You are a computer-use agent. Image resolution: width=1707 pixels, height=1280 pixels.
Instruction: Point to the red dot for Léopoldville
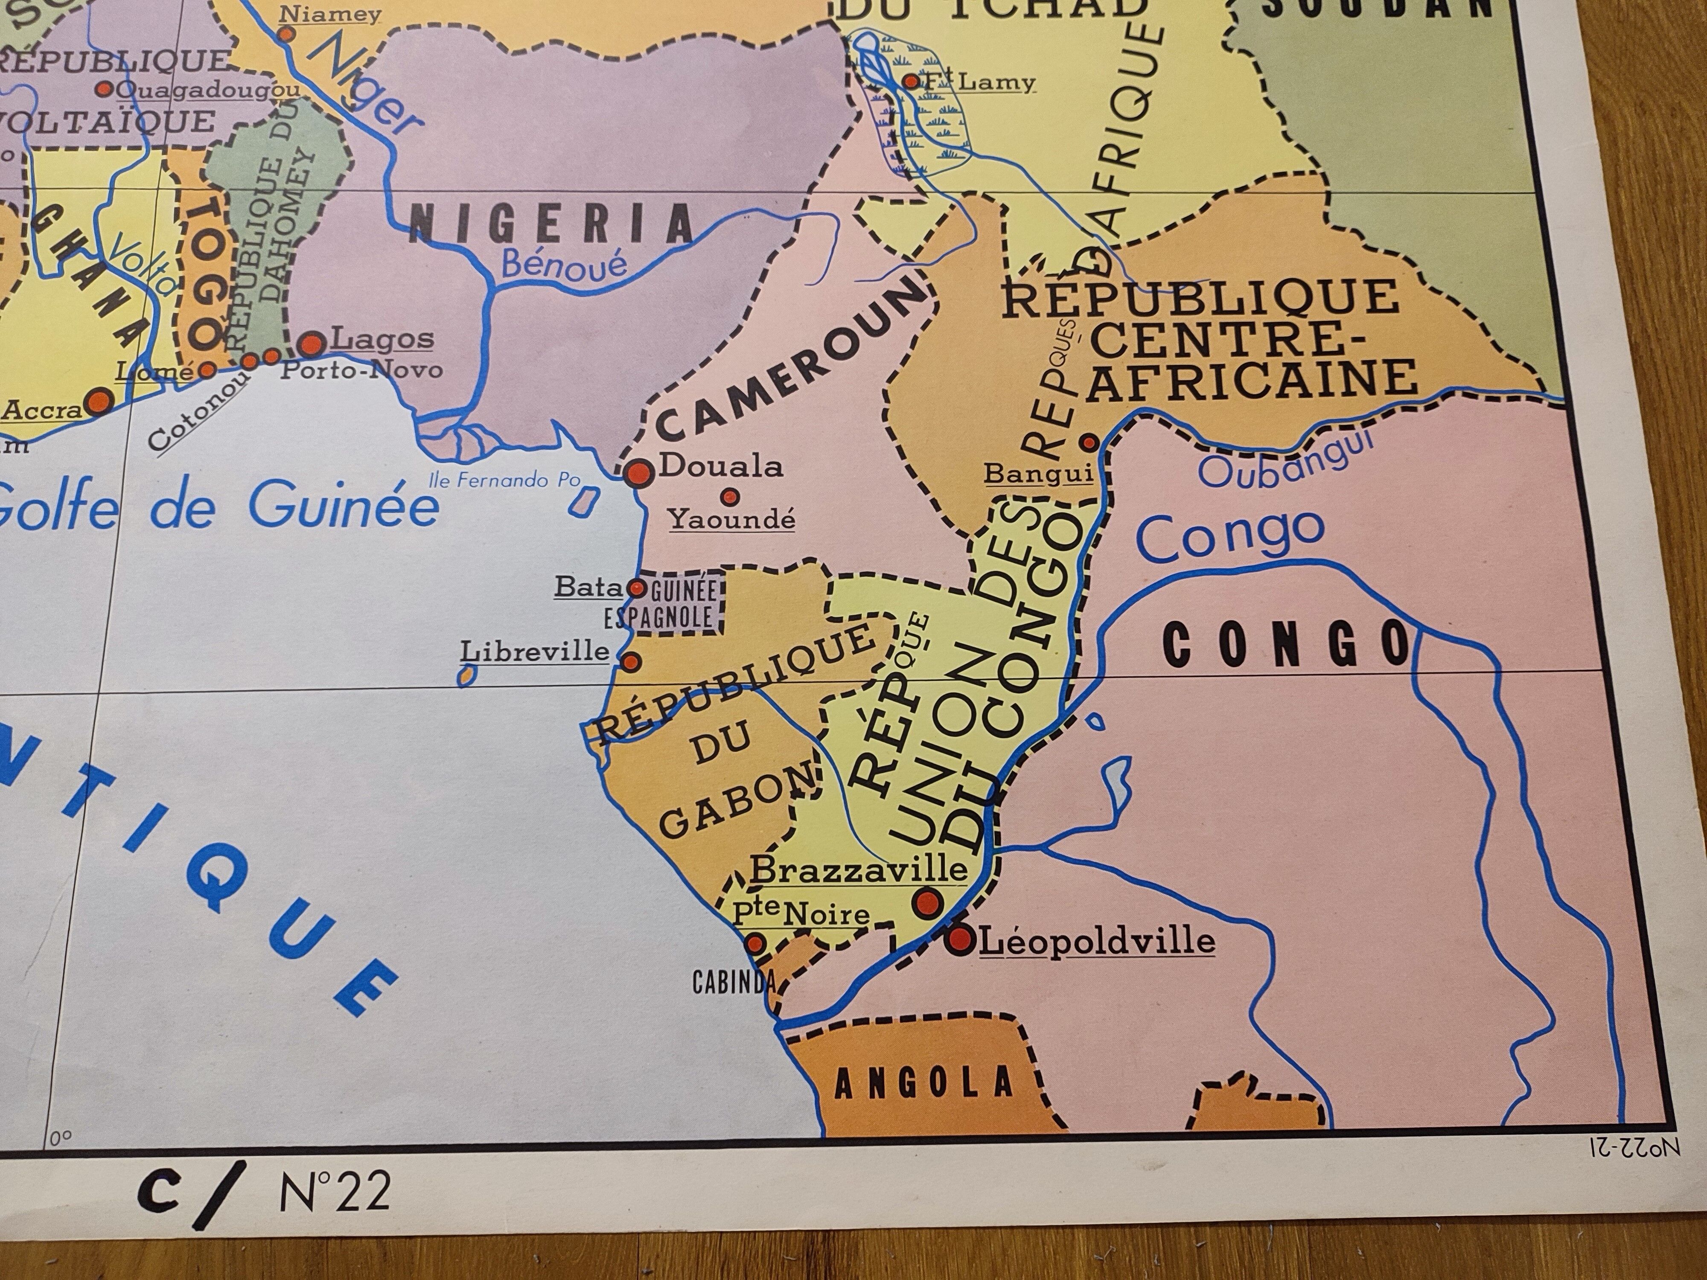tap(961, 939)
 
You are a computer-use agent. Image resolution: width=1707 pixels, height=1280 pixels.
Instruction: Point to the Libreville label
tap(535, 652)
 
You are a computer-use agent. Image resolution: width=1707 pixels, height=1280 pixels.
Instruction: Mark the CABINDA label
tap(733, 983)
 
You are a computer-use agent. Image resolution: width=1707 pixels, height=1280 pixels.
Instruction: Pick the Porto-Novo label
tap(361, 370)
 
